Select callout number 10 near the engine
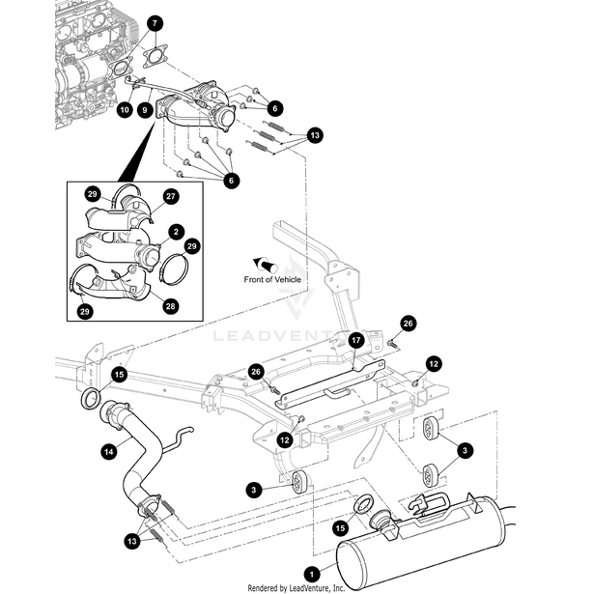click(x=125, y=111)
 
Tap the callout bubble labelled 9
click(x=145, y=111)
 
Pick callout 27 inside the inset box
click(x=171, y=196)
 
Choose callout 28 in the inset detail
click(x=170, y=306)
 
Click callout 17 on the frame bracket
click(x=355, y=340)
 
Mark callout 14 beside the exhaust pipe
click(x=109, y=449)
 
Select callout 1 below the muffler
click(x=311, y=572)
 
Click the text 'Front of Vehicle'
click(x=272, y=279)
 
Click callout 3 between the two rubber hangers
click(x=465, y=450)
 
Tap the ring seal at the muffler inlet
click(x=367, y=503)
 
